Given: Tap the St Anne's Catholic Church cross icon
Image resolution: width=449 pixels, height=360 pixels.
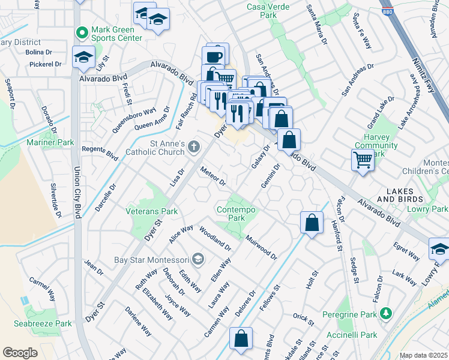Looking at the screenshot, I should (194, 146).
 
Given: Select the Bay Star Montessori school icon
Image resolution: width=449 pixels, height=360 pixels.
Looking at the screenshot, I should (199, 259).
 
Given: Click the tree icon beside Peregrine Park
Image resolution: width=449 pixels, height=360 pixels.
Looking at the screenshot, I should (385, 313).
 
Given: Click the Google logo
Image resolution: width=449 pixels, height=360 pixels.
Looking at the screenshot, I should (20, 352).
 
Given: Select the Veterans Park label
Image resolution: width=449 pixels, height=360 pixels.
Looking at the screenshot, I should (151, 211).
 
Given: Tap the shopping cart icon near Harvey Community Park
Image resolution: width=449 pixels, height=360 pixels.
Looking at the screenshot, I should (363, 160).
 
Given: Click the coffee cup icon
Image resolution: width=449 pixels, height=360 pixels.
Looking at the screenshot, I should (215, 56).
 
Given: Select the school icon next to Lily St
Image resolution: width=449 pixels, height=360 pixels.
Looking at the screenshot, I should (83, 58).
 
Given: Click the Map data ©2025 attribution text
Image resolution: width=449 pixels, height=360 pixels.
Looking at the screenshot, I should (423, 355).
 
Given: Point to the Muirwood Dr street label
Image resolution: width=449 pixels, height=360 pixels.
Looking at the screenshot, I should (261, 247).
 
